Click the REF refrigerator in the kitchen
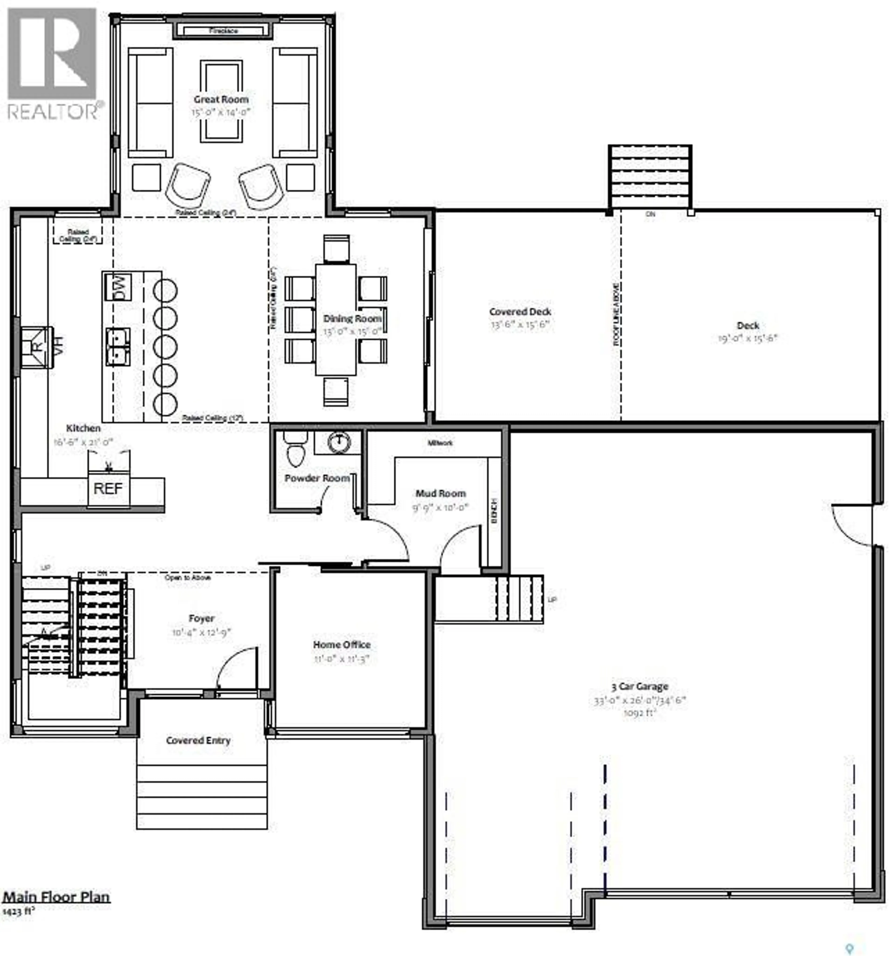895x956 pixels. click(x=108, y=489)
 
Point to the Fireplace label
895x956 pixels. click(x=223, y=31)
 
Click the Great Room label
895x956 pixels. click(x=221, y=100)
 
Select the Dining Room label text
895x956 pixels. click(x=352, y=318)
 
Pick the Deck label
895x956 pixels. click(x=748, y=326)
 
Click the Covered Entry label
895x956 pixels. click(x=198, y=741)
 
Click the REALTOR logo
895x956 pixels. click(x=53, y=62)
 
